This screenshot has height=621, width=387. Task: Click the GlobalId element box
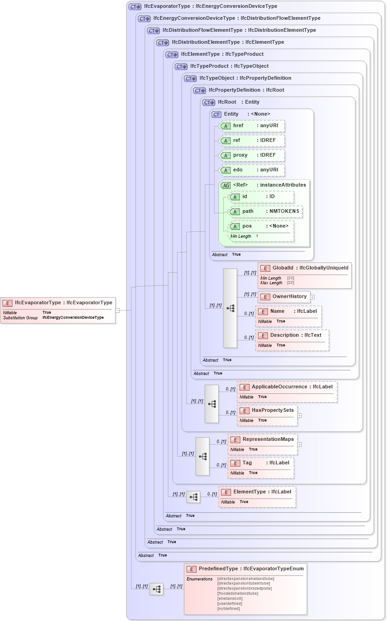(x=304, y=275)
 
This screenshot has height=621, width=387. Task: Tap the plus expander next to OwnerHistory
(x=313, y=297)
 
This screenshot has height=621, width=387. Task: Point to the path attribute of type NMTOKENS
(x=265, y=211)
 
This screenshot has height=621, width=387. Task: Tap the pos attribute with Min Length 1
(x=261, y=230)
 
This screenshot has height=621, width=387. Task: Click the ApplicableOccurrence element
(x=287, y=392)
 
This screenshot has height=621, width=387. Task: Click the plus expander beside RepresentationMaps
(x=300, y=445)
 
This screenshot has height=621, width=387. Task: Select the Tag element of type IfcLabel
(x=261, y=468)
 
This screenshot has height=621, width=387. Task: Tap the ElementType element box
(x=257, y=497)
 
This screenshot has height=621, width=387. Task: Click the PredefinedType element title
(x=245, y=569)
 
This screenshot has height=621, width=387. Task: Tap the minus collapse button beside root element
(x=118, y=310)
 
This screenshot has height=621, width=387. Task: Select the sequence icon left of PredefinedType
(x=156, y=589)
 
